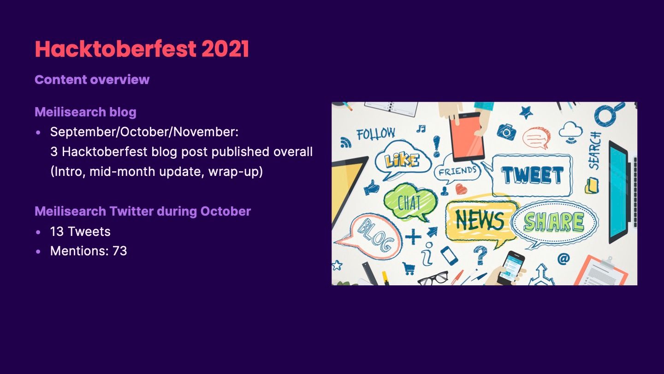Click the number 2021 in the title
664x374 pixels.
coord(225,48)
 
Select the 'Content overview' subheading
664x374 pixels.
coord(92,79)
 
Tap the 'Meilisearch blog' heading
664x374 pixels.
coord(85,112)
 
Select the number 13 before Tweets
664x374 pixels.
coord(57,231)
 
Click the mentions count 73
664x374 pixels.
coord(120,251)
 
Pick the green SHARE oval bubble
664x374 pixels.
coord(554,222)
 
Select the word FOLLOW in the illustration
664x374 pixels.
coord(375,134)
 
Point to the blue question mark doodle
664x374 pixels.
coord(480,255)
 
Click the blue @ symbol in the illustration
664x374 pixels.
coord(563,259)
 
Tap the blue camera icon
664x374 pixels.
coord(506,131)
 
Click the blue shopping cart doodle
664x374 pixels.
coord(409,268)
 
